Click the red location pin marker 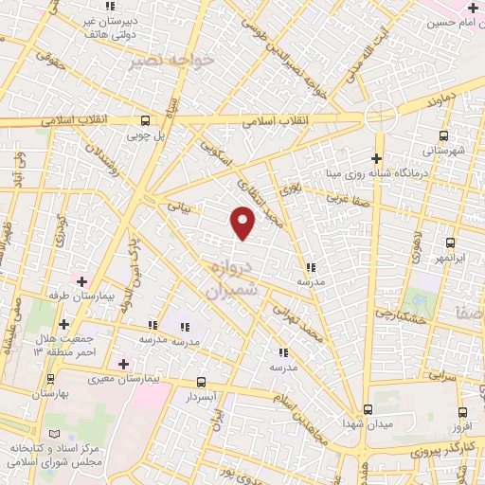tap(243, 223)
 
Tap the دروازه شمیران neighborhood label tap(231, 279)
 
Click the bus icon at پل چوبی tap(145, 120)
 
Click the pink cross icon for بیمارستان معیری tap(122, 364)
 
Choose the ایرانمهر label tap(451, 258)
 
